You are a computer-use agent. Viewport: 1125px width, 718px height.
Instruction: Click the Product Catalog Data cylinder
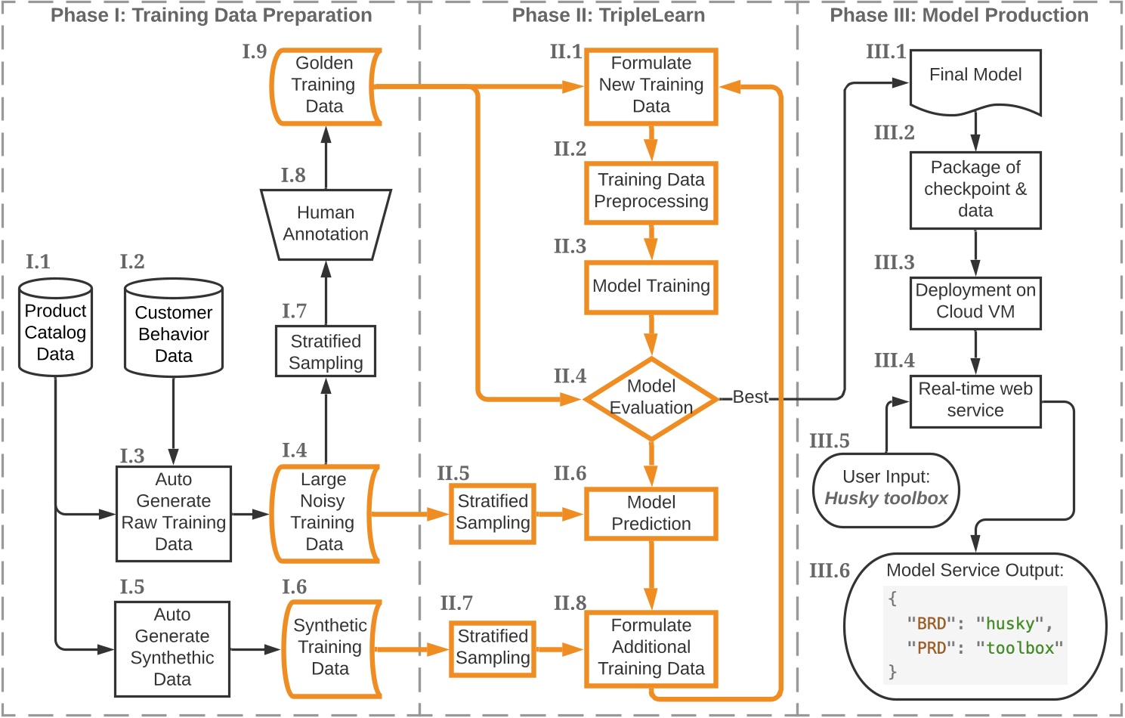pyautogui.click(x=55, y=329)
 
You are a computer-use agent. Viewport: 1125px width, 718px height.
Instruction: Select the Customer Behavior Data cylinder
pyautogui.click(x=173, y=330)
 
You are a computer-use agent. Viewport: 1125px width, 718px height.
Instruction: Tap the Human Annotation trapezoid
pyautogui.click(x=326, y=224)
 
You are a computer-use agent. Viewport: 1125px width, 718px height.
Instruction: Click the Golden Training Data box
pyautogui.click(x=325, y=85)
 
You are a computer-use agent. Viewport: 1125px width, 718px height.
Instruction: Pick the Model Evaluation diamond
pyautogui.click(x=651, y=398)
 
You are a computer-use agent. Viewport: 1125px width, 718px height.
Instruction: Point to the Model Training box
pyautogui.click(x=651, y=286)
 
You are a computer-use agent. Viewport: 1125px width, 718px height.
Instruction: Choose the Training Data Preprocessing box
pyautogui.click(x=651, y=191)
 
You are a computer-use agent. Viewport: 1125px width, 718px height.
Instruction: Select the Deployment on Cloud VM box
pyautogui.click(x=975, y=302)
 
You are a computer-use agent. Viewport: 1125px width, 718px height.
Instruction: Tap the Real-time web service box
pyautogui.click(x=975, y=401)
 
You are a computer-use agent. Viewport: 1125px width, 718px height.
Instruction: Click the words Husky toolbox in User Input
pyautogui.click(x=885, y=499)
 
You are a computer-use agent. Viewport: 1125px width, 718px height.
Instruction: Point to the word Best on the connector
pyautogui.click(x=749, y=398)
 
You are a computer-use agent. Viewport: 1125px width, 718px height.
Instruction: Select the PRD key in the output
pyautogui.click(x=931, y=648)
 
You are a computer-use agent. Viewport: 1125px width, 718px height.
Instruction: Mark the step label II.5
pyautogui.click(x=453, y=474)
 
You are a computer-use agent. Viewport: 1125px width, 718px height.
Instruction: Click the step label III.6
pyautogui.click(x=829, y=571)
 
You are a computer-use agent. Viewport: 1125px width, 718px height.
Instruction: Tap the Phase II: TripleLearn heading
pyautogui.click(x=608, y=16)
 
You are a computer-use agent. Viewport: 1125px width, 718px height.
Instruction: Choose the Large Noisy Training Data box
pyautogui.click(x=324, y=512)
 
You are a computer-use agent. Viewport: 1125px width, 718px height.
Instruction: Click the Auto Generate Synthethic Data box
pyautogui.click(x=172, y=648)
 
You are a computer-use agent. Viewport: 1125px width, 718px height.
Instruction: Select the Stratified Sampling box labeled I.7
pyautogui.click(x=326, y=351)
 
